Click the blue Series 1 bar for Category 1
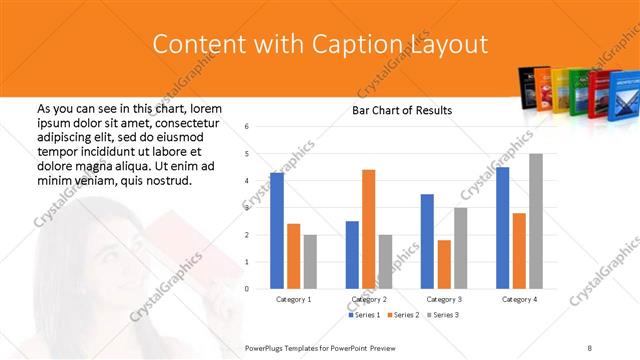tap(277, 231)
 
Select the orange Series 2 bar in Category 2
tap(368, 229)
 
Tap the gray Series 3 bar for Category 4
tap(536, 221)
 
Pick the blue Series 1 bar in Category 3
tap(427, 241)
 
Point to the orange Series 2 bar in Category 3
tap(444, 264)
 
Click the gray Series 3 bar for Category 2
tap(385, 261)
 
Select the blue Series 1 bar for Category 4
tap(502, 228)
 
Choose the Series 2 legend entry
tap(402, 315)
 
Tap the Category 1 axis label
tap(293, 299)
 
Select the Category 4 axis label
tap(519, 299)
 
